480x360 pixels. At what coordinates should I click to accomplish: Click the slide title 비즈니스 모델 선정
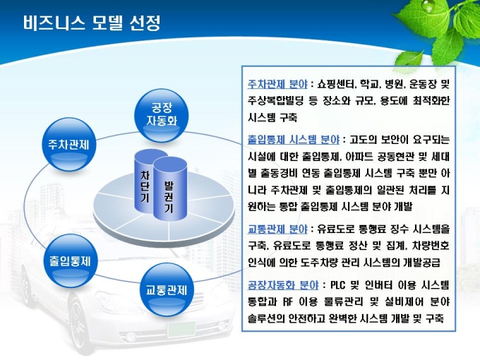(x=92, y=23)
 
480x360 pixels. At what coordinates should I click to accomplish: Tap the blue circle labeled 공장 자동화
(x=162, y=115)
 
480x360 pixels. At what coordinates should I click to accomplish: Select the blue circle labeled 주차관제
(x=68, y=145)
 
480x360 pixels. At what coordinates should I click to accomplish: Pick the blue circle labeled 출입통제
(x=71, y=260)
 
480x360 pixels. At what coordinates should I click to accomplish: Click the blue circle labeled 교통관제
(x=166, y=289)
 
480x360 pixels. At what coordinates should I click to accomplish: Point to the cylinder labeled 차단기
(x=145, y=182)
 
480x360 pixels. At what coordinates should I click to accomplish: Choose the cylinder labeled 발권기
(x=170, y=189)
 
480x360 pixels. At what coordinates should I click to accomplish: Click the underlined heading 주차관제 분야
(x=277, y=83)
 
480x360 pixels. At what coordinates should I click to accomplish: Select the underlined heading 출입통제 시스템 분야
(x=294, y=140)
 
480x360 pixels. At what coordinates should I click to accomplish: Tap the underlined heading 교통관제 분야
(x=277, y=229)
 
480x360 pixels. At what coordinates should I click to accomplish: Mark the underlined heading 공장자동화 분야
(x=283, y=285)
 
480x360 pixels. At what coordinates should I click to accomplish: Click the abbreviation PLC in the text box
(x=337, y=285)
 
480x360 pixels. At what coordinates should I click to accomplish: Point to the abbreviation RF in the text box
(x=288, y=302)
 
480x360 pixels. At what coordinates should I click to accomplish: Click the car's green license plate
(x=181, y=330)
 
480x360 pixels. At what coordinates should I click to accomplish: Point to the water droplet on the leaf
(x=426, y=6)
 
